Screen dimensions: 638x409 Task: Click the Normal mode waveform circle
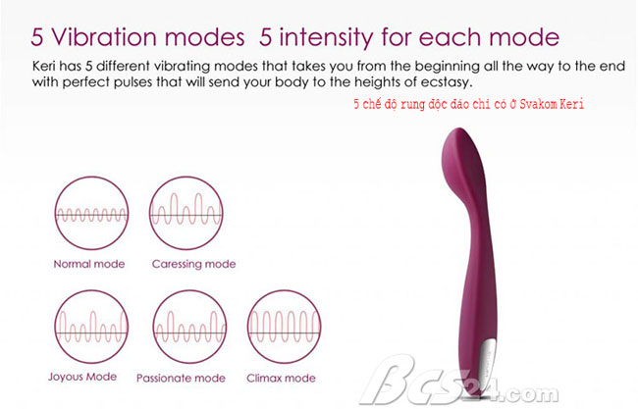coord(55,213)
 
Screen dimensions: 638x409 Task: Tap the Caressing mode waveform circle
coord(150,213)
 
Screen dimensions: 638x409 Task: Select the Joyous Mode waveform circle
coord(55,327)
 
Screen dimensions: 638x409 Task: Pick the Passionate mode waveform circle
coord(154,327)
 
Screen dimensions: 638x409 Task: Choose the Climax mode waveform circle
coord(248,327)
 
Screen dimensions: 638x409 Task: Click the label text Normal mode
coord(89,264)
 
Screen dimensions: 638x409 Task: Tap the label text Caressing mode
coord(193,264)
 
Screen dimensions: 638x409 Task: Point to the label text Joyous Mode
coord(82,377)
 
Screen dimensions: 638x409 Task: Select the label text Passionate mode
coord(181,378)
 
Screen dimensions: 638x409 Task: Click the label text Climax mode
coord(281,378)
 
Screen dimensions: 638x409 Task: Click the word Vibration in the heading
coord(104,37)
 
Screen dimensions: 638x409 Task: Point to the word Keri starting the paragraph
coord(43,66)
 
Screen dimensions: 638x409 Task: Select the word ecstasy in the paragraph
coord(447,82)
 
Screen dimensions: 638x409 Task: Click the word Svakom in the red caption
coord(538,104)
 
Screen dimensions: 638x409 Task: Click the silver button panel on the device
coord(488,362)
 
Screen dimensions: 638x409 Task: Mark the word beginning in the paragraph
coord(448,67)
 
